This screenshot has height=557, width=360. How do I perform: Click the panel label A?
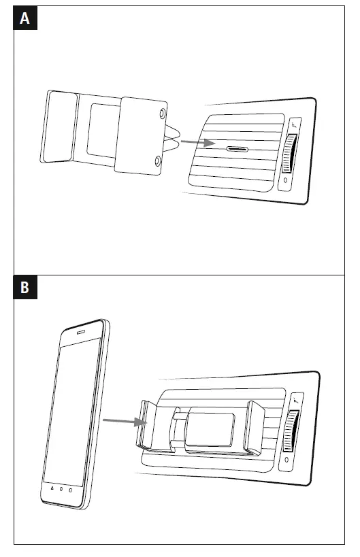25,18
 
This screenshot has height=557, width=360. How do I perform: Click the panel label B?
25,288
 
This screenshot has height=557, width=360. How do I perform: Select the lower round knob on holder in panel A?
158,161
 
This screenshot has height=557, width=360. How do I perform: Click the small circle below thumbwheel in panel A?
285,181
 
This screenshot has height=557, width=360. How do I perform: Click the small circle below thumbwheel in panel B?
287,460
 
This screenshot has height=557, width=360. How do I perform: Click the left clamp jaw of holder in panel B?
148,425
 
